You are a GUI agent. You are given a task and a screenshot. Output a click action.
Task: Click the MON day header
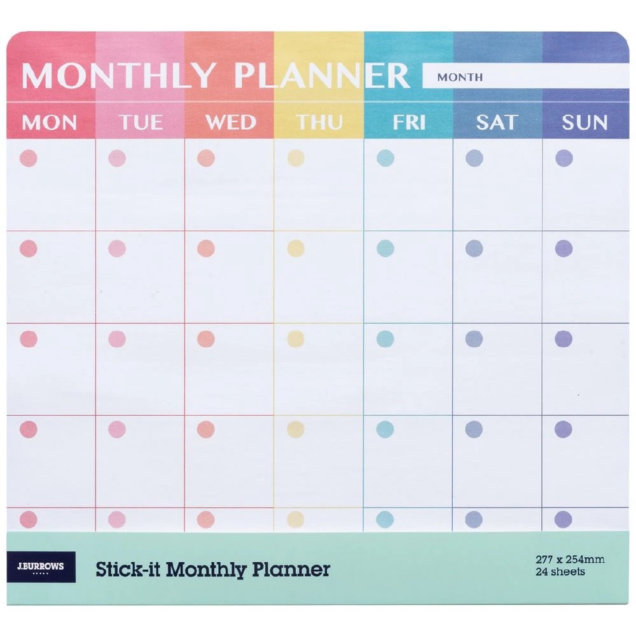point(50,122)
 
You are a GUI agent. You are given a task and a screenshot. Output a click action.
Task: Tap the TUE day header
point(140,122)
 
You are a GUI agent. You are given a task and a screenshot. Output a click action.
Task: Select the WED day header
point(230,122)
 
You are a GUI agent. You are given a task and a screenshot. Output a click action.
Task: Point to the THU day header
point(319,122)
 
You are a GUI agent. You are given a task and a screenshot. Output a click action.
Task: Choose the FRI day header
point(408,122)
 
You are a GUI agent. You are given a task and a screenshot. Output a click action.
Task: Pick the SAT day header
point(497,122)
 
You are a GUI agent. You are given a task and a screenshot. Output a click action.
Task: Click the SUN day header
point(584,122)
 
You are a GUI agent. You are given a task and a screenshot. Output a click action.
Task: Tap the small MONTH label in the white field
point(460,77)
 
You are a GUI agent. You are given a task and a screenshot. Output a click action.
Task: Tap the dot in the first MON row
point(29,158)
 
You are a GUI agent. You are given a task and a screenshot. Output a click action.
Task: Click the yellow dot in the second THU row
point(296,248)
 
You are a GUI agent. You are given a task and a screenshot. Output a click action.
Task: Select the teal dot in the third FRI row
point(385,339)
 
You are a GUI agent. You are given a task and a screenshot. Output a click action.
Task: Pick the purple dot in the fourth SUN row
point(563,429)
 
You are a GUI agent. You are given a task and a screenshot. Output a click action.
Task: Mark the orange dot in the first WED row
point(205,158)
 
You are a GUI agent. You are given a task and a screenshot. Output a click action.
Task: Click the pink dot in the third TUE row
point(117,339)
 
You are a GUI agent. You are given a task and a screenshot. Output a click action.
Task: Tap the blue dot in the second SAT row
point(474,248)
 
